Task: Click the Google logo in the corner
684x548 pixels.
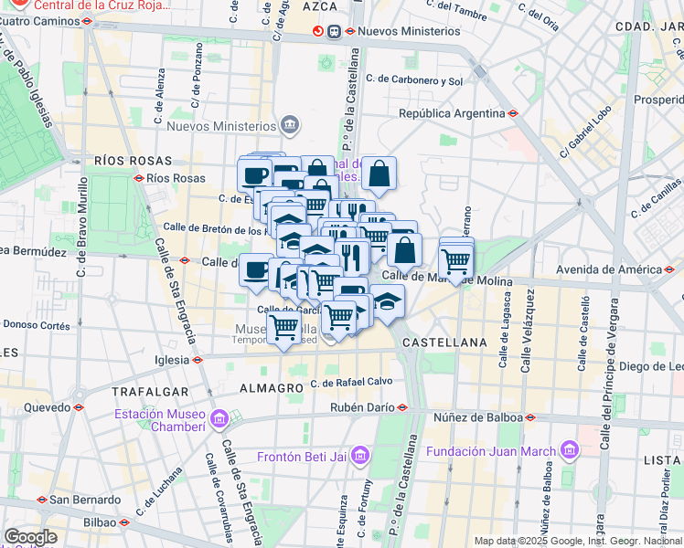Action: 30,537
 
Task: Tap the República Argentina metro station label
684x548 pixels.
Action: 452,113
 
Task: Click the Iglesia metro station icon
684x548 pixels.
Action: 198,360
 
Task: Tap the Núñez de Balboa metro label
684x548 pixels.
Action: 483,417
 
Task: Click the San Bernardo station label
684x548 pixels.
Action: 84,500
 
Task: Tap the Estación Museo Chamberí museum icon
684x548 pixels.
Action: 219,420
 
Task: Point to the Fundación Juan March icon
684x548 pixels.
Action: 572,449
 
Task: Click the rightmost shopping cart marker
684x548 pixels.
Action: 455,263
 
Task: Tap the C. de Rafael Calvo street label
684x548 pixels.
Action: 351,383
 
